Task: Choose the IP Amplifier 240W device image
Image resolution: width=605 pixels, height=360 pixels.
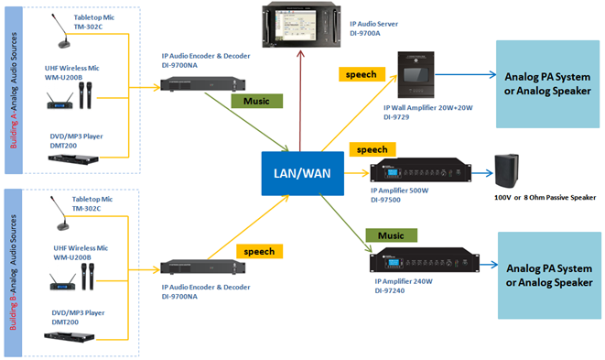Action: tap(423, 265)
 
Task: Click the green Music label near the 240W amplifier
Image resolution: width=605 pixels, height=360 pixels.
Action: tap(385, 235)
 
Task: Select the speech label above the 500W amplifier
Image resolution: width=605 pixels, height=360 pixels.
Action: tap(372, 147)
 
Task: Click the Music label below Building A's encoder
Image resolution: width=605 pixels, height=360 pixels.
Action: tap(251, 103)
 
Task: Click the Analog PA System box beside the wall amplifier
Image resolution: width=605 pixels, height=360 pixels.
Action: tap(545, 83)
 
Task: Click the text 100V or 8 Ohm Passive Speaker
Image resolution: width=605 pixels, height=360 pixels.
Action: tap(543, 197)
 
